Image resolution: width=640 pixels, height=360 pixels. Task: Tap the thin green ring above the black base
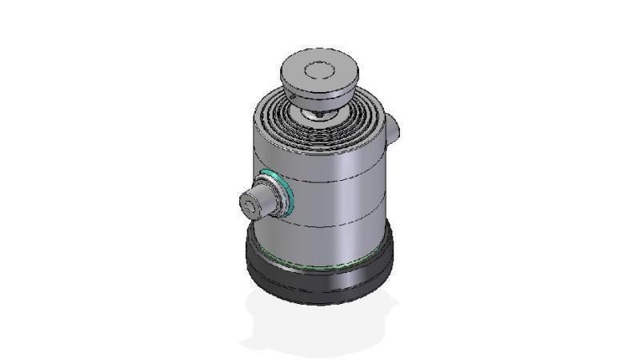320,266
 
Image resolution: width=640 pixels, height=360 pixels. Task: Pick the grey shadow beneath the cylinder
320,324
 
